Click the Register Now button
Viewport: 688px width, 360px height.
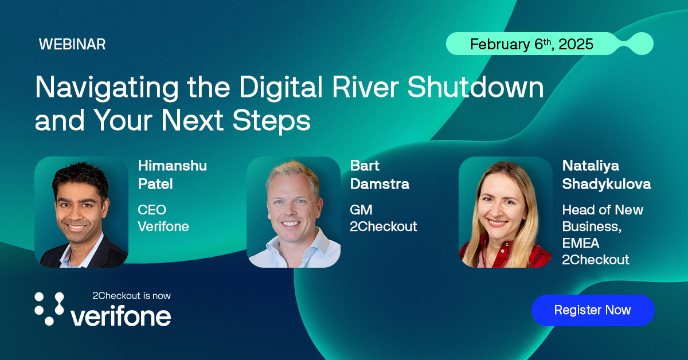tap(592, 310)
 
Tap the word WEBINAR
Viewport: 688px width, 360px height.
tap(72, 45)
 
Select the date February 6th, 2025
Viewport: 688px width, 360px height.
tap(531, 44)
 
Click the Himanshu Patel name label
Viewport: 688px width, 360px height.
tap(172, 175)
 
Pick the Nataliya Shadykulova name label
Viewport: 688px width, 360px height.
tap(606, 175)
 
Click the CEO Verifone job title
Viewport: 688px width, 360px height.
tap(163, 218)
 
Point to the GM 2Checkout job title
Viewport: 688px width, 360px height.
tap(383, 218)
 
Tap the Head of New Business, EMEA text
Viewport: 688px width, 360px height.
tap(602, 226)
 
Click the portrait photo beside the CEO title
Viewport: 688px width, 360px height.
tap(81, 212)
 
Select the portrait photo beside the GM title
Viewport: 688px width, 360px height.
tap(294, 212)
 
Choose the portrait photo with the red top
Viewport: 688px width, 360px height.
tap(506, 212)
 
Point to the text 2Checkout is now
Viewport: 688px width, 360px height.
tap(131, 296)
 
